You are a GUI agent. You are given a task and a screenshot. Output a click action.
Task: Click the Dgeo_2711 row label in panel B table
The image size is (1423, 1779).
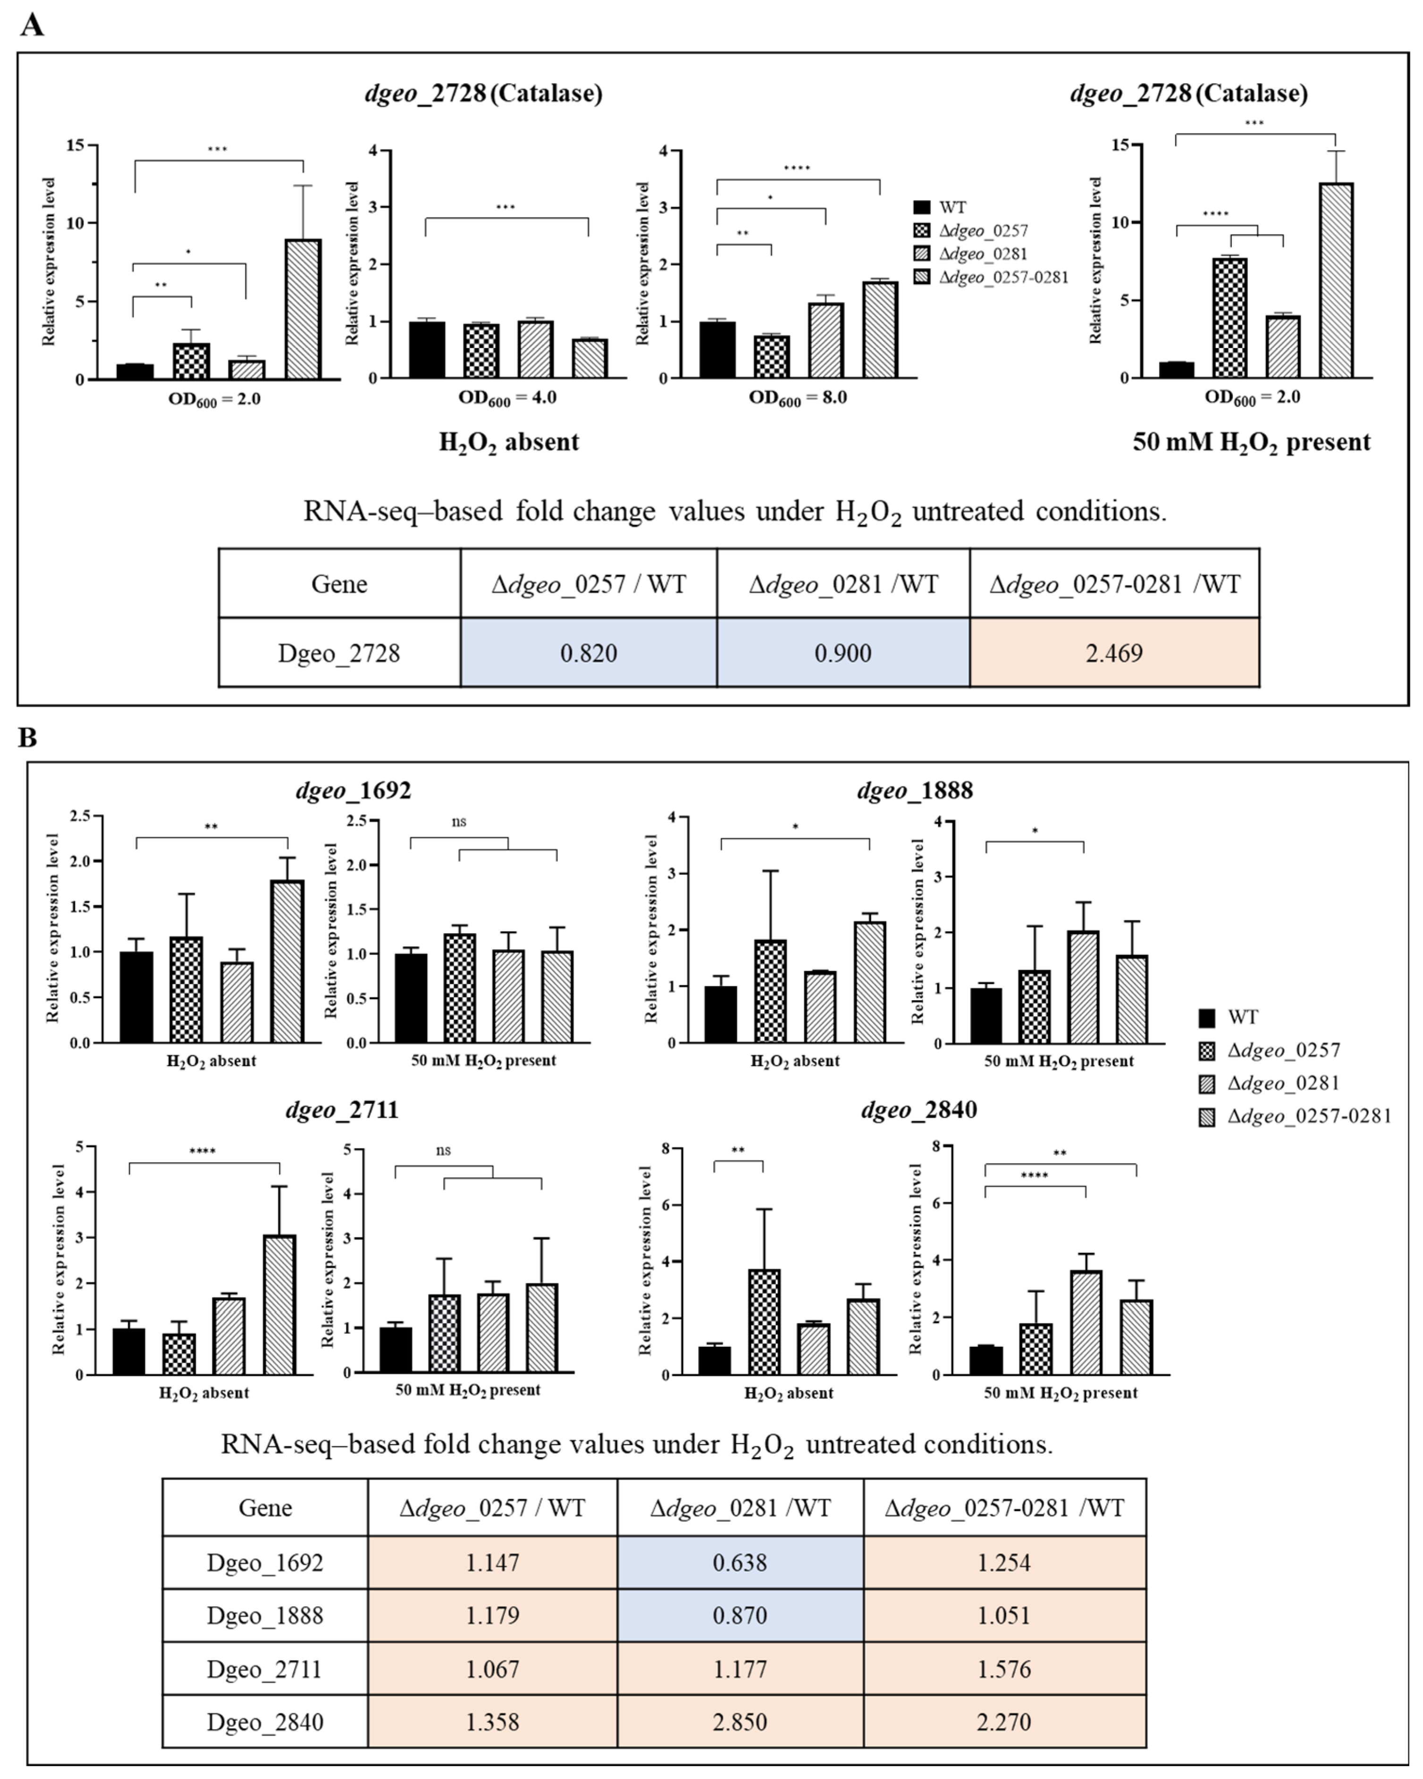click(x=264, y=1669)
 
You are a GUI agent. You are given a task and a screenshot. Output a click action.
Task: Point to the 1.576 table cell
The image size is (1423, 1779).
click(x=1004, y=1669)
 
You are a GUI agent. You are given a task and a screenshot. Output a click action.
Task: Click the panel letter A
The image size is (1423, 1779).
click(x=31, y=25)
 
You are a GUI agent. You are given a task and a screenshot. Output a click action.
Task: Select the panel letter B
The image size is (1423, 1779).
click(x=27, y=737)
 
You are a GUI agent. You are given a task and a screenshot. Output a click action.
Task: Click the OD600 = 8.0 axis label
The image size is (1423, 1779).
click(x=797, y=398)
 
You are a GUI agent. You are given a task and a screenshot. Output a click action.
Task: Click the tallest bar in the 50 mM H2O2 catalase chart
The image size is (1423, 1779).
click(x=1336, y=281)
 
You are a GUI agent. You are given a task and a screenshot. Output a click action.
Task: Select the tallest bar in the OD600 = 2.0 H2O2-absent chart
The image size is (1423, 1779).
click(x=303, y=309)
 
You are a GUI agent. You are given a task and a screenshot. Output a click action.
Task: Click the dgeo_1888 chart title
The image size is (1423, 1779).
click(x=915, y=791)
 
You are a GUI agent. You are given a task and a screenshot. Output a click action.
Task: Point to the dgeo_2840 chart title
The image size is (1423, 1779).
click(x=918, y=1110)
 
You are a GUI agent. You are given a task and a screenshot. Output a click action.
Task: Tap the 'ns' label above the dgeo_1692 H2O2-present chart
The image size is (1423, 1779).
click(x=459, y=821)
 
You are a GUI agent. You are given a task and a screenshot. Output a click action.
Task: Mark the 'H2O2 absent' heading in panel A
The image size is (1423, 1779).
click(x=508, y=443)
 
